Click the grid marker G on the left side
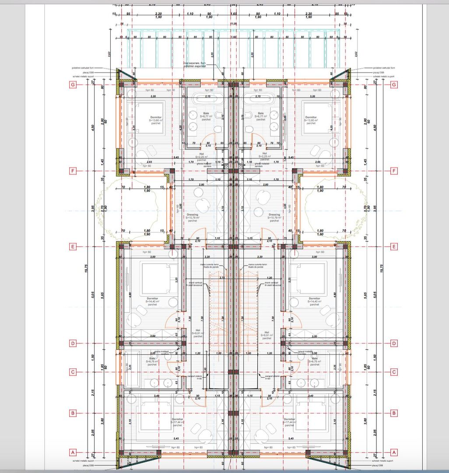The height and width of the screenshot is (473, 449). pos(73,85)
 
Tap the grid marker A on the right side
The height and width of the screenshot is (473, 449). pos(394,452)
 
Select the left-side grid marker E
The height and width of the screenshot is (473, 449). pos(73,247)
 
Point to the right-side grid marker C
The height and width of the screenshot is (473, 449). pos(394,372)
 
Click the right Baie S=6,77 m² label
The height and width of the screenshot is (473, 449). pos(261,116)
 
